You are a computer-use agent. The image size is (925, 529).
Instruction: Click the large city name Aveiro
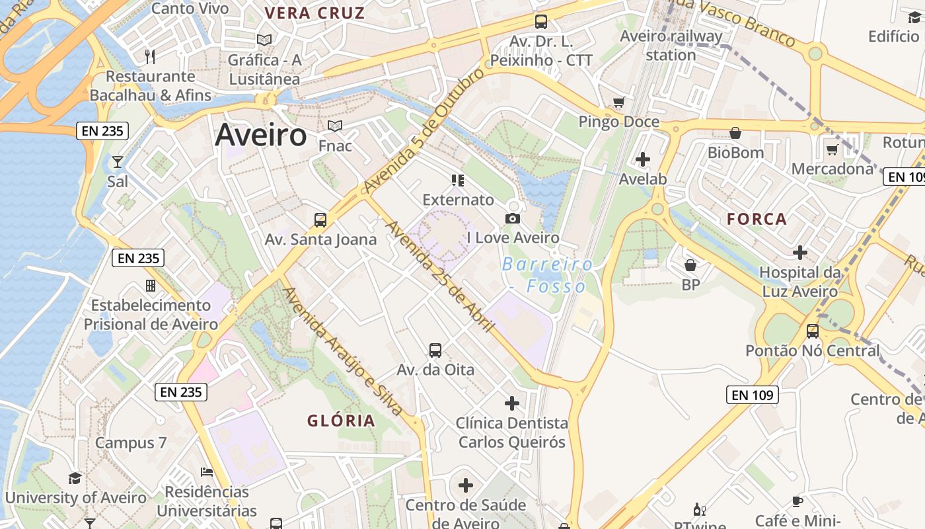pos(261,135)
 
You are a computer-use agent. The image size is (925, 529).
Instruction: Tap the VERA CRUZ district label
pos(314,13)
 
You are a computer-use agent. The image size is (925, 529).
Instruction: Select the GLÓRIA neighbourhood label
pos(341,421)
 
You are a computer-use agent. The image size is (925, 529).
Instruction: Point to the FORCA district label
pos(757,219)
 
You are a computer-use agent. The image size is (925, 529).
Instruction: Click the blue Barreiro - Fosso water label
pos(547,275)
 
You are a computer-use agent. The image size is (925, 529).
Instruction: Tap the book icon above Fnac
pos(335,126)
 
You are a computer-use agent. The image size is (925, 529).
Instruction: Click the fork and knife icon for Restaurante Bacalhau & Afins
pos(150,57)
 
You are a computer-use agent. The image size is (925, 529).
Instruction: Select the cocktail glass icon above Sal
pos(118,161)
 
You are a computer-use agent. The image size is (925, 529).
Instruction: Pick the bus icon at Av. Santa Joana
pos(320,220)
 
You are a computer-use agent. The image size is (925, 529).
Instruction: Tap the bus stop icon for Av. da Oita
pos(435,350)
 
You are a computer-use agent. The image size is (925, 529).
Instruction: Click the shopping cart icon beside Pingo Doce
pos(618,102)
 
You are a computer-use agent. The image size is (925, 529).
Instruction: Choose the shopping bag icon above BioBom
pos(735,134)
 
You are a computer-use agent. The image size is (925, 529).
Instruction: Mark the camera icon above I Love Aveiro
pos(512,218)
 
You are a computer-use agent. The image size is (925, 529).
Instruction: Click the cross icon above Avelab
pos(643,159)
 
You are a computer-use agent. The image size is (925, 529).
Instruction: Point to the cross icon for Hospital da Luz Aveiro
pos(800,253)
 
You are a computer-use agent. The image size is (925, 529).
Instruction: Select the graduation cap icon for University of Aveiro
pos(75,478)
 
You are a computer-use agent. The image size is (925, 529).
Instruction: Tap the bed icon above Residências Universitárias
pos(207,472)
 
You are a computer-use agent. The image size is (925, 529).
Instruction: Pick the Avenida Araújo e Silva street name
pos(342,350)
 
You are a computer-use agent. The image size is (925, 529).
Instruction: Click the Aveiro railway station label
pos(671,45)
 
